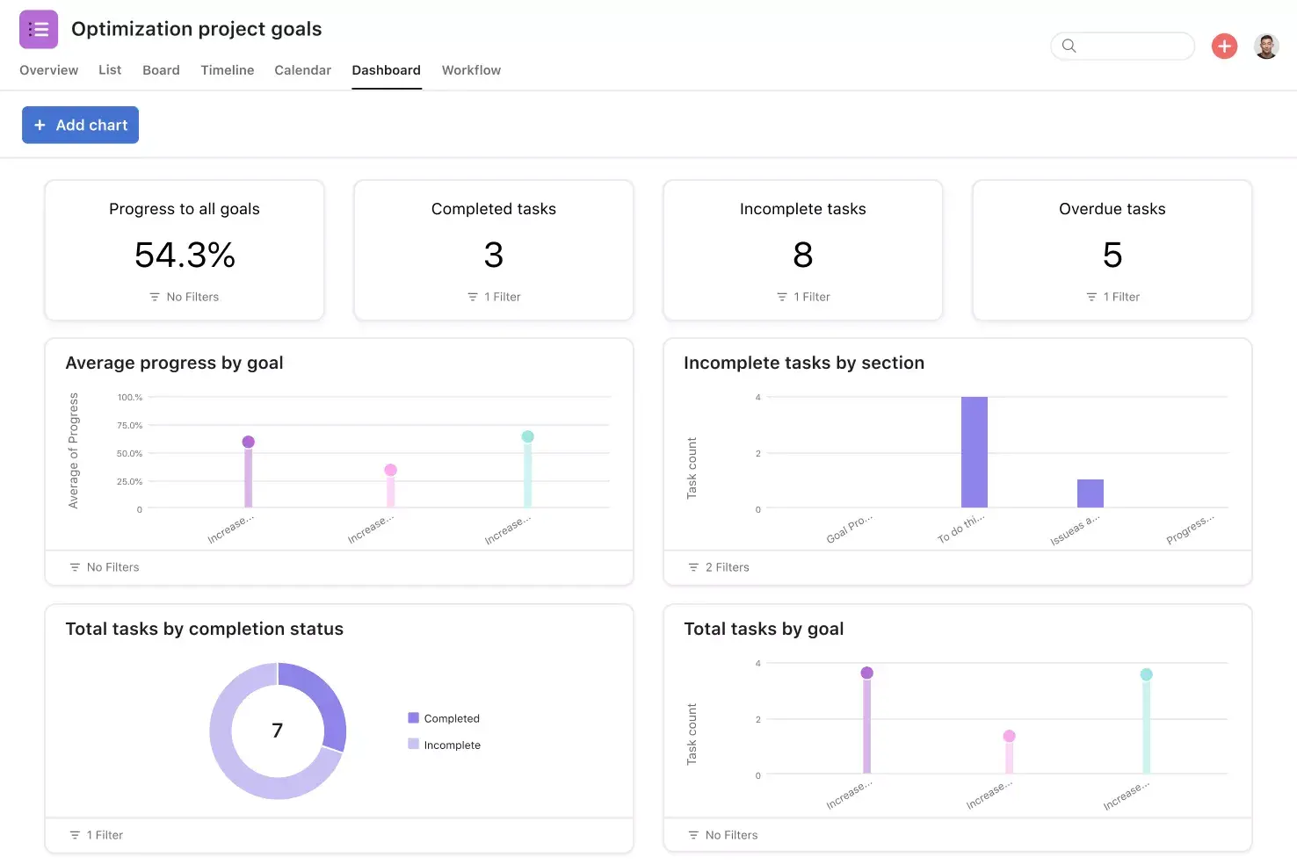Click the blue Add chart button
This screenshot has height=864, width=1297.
click(80, 125)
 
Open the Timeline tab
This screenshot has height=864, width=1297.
click(227, 70)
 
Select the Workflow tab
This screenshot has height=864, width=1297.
click(471, 70)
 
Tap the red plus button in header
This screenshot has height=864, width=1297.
click(1224, 46)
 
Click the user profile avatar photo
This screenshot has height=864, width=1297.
click(1265, 46)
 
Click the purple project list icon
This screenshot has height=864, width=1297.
click(39, 29)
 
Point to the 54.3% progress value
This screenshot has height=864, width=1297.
click(185, 256)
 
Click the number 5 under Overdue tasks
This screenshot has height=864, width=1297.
click(1112, 256)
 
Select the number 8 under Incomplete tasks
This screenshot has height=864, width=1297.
click(802, 256)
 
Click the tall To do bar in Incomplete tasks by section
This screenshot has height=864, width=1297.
click(974, 452)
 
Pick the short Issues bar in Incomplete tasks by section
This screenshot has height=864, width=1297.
click(1090, 493)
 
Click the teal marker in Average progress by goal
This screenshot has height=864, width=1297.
click(527, 436)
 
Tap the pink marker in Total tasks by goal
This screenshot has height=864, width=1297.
click(1009, 736)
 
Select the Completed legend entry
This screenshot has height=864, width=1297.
click(451, 718)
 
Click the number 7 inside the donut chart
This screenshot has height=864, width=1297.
click(278, 731)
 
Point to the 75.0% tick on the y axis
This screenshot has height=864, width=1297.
click(129, 425)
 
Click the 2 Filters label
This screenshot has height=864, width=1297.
click(727, 567)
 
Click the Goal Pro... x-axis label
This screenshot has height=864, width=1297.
click(849, 529)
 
